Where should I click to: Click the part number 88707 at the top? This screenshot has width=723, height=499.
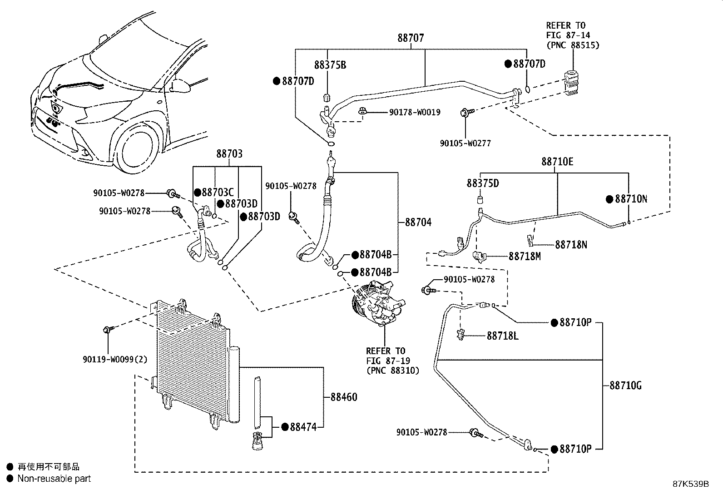[411, 38]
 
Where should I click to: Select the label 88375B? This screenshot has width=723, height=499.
[330, 65]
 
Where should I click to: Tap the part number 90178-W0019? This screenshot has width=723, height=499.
[415, 112]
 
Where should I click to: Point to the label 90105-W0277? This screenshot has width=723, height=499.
[465, 143]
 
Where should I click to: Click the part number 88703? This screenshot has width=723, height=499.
[229, 153]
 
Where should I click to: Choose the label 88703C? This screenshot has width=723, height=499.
[218, 193]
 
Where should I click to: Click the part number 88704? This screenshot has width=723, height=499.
[418, 222]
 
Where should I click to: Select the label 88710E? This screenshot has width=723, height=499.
[557, 162]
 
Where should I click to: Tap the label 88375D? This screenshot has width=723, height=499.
[483, 183]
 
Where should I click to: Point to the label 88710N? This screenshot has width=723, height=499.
[631, 199]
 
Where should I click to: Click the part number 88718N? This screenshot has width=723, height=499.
[571, 245]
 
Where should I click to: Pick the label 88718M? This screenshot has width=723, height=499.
[525, 256]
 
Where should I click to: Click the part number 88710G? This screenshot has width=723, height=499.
[625, 385]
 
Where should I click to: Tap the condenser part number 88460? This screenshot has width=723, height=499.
[344, 397]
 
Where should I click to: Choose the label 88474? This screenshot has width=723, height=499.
[303, 427]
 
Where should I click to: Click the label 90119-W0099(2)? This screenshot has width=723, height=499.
[115, 359]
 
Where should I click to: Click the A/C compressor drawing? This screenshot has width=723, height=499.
[378, 303]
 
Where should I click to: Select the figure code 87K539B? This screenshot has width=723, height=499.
[691, 484]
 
